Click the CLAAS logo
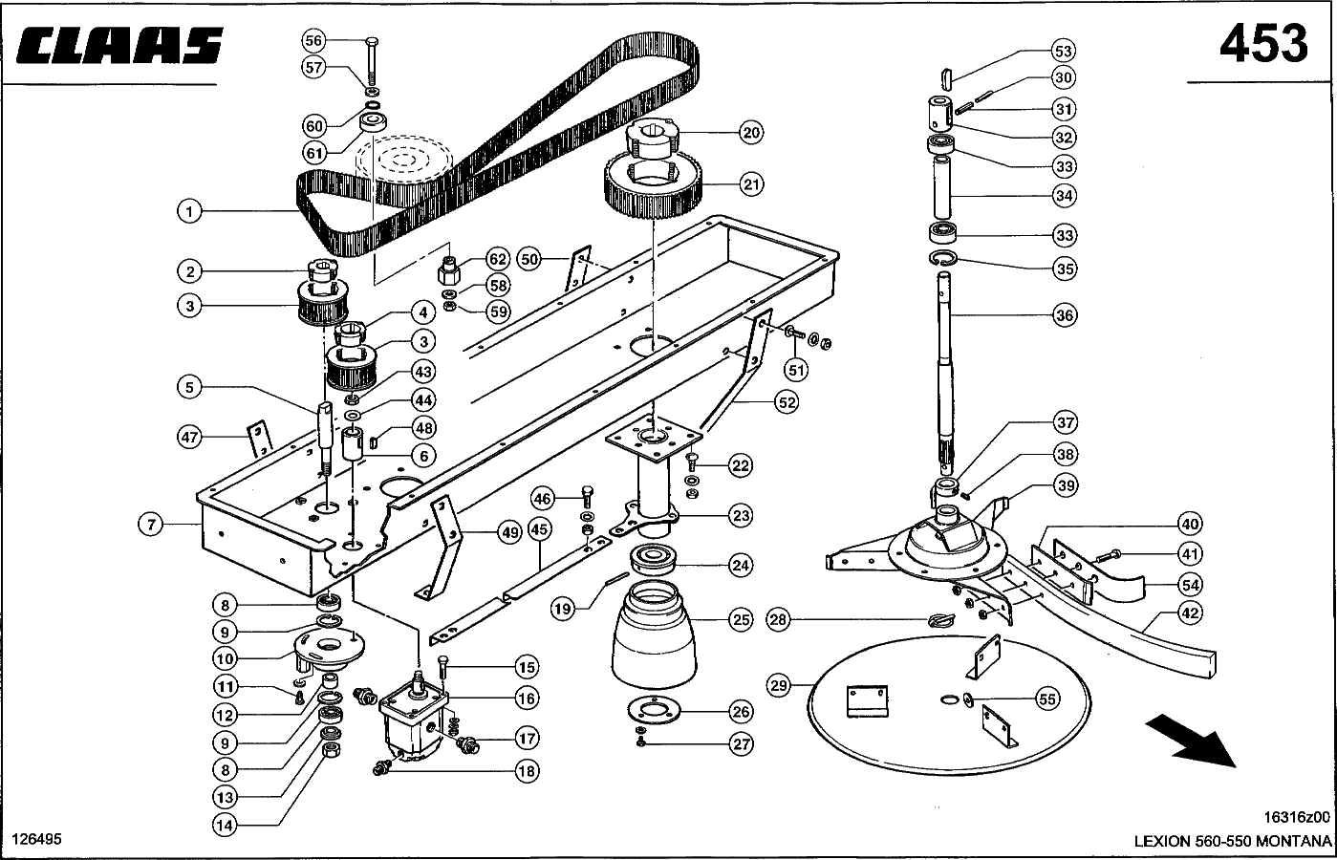[x=119, y=45]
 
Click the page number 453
[x=1263, y=44]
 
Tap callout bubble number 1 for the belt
[x=189, y=211]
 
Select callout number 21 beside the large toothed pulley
[x=751, y=183]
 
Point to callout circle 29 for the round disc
[x=778, y=686]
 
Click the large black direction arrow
[x=1190, y=741]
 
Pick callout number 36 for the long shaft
[x=1065, y=315]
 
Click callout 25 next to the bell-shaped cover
[x=741, y=620]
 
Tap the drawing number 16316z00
[x=1297, y=817]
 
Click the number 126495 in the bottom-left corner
[x=36, y=839]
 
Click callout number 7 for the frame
[x=151, y=526]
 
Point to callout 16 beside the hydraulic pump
[x=527, y=699]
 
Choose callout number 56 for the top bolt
[x=313, y=41]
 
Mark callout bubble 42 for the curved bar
[x=1190, y=613]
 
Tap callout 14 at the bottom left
[x=225, y=826]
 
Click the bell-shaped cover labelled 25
[x=654, y=634]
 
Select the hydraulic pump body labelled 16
[x=413, y=723]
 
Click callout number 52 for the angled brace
[x=787, y=403]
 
